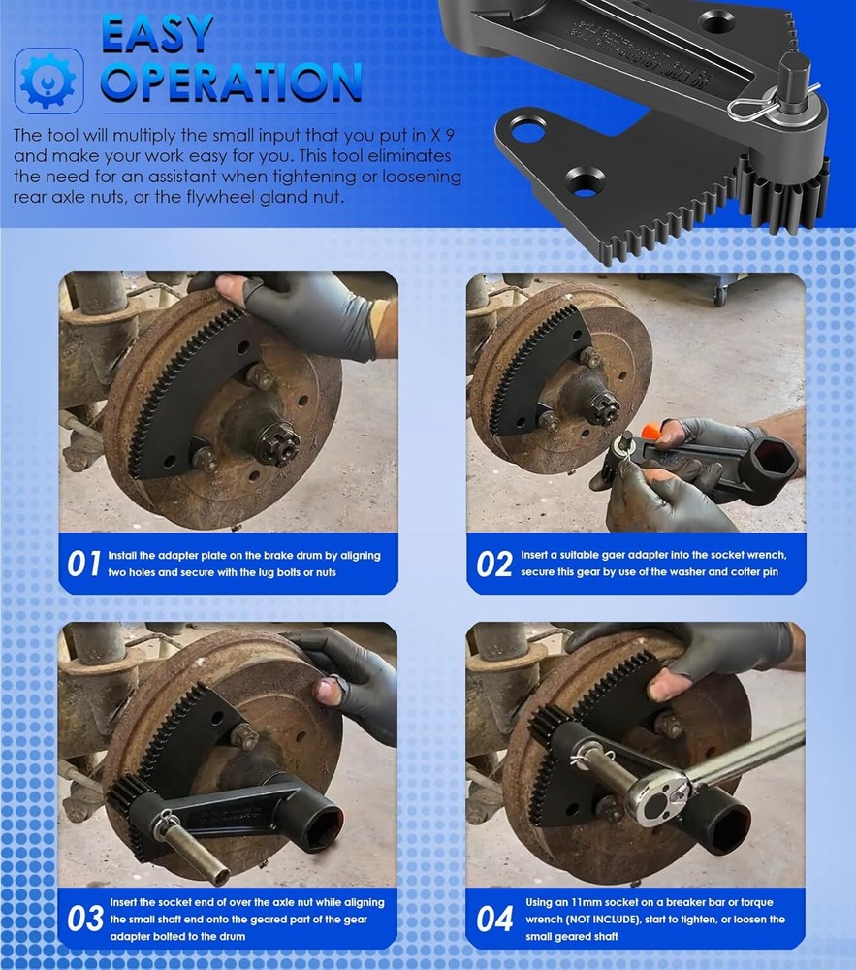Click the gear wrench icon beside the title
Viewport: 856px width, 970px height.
pyautogui.click(x=48, y=80)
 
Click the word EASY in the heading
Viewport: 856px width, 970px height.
pyautogui.click(x=157, y=34)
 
